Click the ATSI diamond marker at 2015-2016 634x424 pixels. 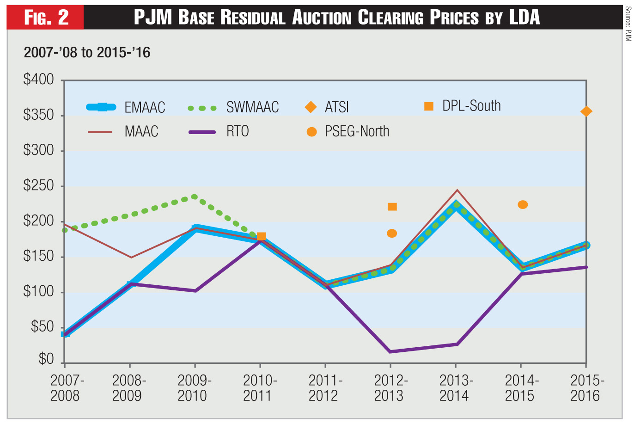[586, 111]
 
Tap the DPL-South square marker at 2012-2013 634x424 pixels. [392, 207]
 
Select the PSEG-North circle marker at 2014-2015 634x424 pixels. [523, 204]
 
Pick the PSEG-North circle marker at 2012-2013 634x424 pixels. [392, 234]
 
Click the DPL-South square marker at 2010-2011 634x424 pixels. [261, 236]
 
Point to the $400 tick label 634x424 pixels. [39, 80]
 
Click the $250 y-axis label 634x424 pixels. [39, 186]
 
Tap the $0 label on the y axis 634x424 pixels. [46, 359]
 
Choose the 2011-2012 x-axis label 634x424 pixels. [325, 388]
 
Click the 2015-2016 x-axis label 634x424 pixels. [586, 388]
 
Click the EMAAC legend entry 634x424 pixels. [145, 107]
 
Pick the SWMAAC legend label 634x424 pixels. [252, 107]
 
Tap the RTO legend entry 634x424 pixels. [238, 131]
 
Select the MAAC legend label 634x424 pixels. [141, 131]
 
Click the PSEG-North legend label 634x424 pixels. [357, 131]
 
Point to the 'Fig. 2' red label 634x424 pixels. [46, 18]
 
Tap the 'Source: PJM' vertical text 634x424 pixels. [628, 24]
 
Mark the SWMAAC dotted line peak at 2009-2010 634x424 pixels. [195, 197]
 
